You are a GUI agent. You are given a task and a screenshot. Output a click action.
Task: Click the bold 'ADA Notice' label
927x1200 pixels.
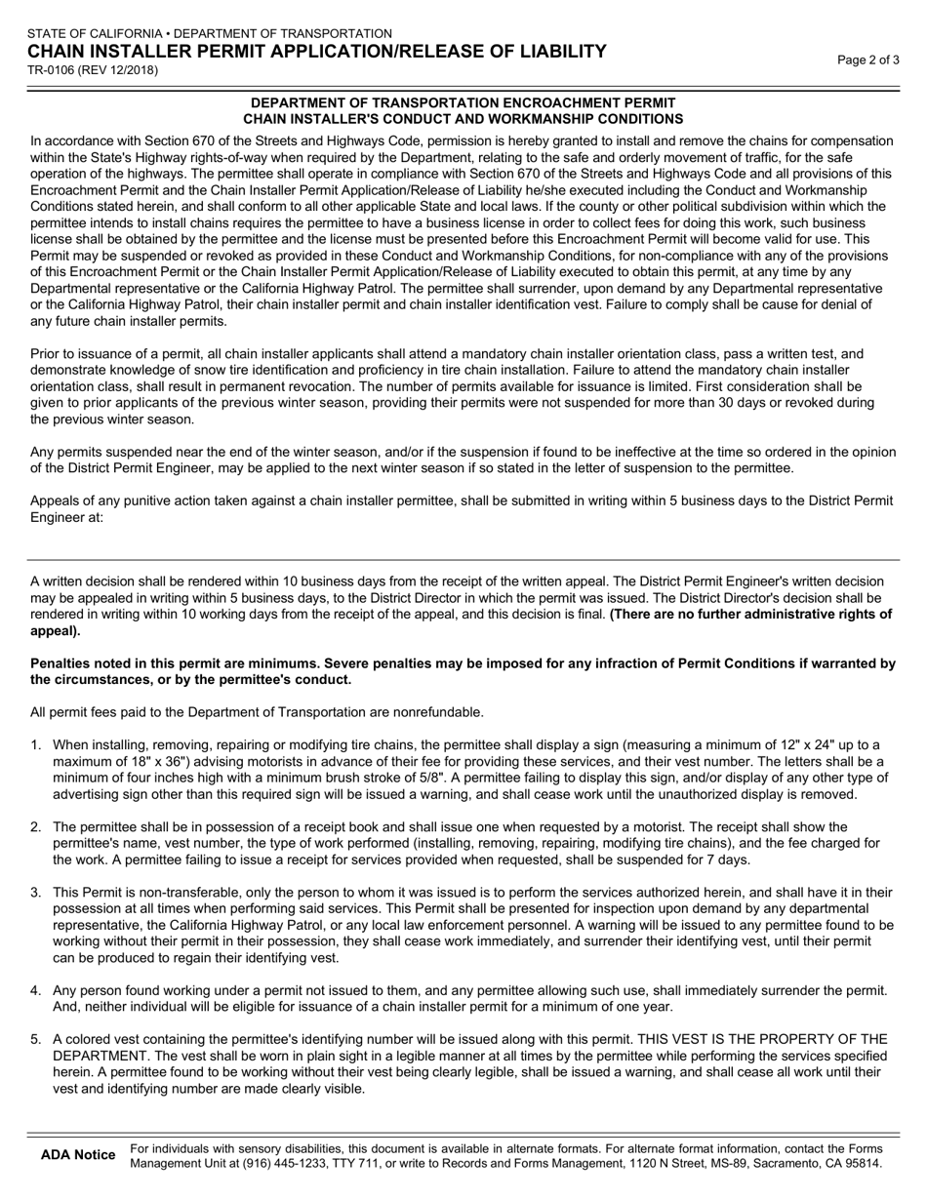pyautogui.click(x=78, y=1155)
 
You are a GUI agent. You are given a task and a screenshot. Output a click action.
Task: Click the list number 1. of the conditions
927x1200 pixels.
pyautogui.click(x=36, y=745)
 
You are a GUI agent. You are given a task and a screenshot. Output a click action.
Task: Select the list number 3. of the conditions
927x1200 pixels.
pyautogui.click(x=36, y=892)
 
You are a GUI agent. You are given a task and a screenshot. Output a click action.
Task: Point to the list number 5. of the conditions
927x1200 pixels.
pyautogui.click(x=36, y=1039)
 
